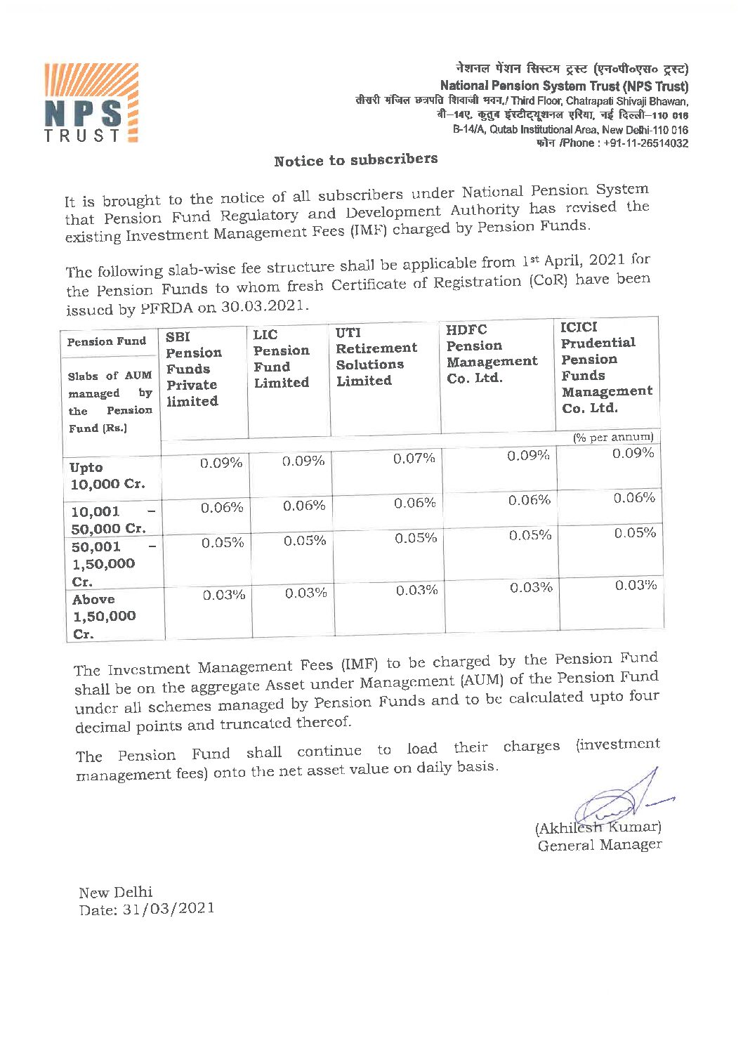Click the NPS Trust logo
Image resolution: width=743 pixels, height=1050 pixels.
pyautogui.click(x=91, y=103)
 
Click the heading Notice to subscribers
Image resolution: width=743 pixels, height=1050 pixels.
pyautogui.click(x=355, y=160)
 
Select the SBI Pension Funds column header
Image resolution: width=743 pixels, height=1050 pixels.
pyautogui.click(x=193, y=369)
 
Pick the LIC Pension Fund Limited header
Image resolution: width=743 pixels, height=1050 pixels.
pyautogui.click(x=281, y=359)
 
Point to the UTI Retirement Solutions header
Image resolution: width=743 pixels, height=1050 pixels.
pyautogui.click(x=376, y=356)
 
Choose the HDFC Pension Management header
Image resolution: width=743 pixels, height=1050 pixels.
pyautogui.click(x=491, y=353)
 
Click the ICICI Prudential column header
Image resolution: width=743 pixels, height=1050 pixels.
pyautogui.click(x=605, y=367)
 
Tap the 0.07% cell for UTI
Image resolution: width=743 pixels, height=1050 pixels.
pyautogui.click(x=414, y=459)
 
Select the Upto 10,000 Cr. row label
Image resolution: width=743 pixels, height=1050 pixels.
pyautogui.click(x=107, y=475)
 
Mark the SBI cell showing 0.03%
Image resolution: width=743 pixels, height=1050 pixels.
pyautogui.click(x=224, y=595)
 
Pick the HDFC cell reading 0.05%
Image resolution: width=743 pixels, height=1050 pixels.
pyautogui.click(x=530, y=535)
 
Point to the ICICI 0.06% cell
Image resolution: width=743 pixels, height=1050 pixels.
pyautogui.click(x=634, y=498)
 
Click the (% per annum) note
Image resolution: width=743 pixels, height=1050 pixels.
pyautogui.click(x=613, y=437)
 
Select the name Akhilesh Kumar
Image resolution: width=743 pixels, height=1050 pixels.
pyautogui.click(x=598, y=827)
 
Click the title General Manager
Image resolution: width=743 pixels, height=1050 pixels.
pyautogui.click(x=599, y=845)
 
